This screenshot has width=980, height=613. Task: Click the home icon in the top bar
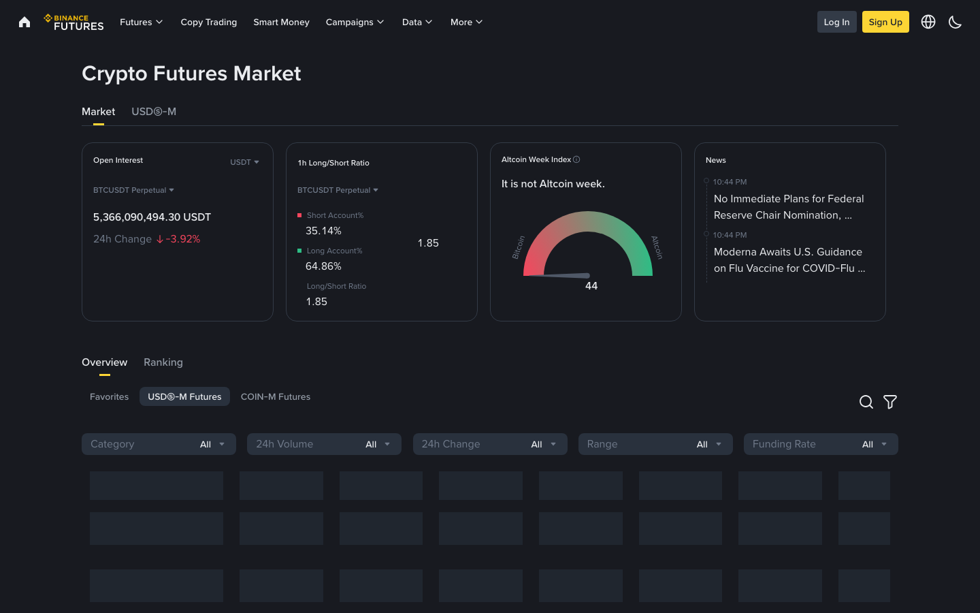[24, 22]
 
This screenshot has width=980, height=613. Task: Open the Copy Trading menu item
[208, 22]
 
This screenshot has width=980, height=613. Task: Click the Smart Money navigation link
[281, 22]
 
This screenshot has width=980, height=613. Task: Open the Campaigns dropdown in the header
[355, 22]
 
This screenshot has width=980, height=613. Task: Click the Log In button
[836, 22]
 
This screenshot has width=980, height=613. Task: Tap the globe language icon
[928, 22]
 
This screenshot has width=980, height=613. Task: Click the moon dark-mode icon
[955, 22]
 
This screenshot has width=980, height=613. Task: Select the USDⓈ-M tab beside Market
[154, 112]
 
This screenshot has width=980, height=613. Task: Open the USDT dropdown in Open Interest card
[244, 162]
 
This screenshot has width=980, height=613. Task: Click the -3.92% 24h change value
[182, 239]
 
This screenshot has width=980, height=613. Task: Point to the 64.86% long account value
[323, 266]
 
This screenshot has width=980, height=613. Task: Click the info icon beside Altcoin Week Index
[576, 159]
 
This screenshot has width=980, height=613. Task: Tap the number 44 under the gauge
[591, 286]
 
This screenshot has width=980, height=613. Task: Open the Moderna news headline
[789, 260]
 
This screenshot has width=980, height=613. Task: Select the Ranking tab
[163, 362]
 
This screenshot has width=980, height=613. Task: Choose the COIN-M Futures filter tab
[276, 396]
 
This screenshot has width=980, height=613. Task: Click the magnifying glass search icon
[866, 402]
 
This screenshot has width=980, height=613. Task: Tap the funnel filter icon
[889, 402]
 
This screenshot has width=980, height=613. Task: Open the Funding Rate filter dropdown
[820, 444]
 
